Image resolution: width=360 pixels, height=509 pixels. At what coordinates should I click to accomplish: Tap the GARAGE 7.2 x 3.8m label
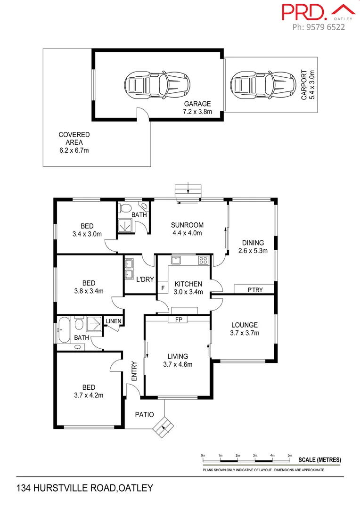pos(197,108)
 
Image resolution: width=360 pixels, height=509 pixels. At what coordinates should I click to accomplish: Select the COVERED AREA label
pos(74,142)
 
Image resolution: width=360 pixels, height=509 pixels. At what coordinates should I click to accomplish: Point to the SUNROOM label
pos(187,229)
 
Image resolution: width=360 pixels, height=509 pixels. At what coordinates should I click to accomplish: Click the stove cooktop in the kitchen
pos(203,260)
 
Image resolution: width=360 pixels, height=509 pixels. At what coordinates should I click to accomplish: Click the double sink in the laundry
pos(129,270)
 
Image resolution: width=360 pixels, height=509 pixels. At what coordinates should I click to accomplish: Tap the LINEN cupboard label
pos(114,322)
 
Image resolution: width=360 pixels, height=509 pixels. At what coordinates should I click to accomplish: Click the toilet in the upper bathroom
pos(126,207)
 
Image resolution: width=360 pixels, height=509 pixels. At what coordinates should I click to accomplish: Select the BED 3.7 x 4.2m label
pos(89,391)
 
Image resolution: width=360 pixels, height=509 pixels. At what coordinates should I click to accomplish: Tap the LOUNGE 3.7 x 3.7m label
pos(244,329)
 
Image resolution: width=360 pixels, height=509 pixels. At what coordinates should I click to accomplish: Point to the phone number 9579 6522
pos(319,27)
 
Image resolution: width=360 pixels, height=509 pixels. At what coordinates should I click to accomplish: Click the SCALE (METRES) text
pos(320,460)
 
